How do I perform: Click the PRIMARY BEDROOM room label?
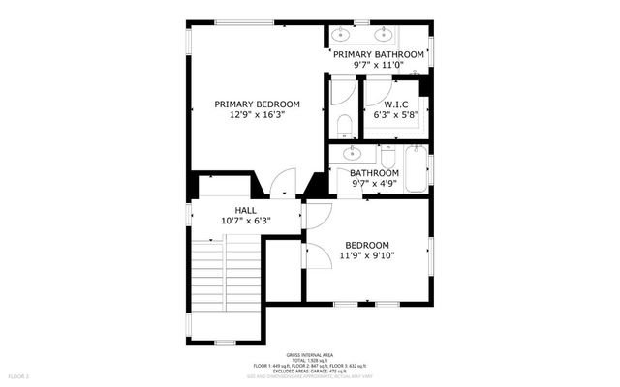pyautogui.click(x=257, y=104)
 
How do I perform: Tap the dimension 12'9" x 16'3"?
pyautogui.click(x=257, y=114)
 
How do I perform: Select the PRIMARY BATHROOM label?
pyautogui.click(x=378, y=54)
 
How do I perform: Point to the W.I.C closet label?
pyautogui.click(x=394, y=104)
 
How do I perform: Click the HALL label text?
pyautogui.click(x=245, y=210)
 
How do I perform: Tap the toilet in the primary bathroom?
pyautogui.click(x=344, y=125)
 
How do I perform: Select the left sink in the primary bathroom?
pyautogui.click(x=341, y=36)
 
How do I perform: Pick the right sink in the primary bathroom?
pyautogui.click(x=410, y=36)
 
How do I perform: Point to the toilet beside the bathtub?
pyautogui.click(x=387, y=158)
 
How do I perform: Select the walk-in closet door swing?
pyautogui.click(x=371, y=90)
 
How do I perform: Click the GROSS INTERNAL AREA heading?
pyautogui.click(x=309, y=355)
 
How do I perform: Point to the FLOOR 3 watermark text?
pyautogui.click(x=19, y=374)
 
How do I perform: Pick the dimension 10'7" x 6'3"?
pyautogui.click(x=245, y=221)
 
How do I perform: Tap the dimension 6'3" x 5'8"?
pyautogui.click(x=394, y=114)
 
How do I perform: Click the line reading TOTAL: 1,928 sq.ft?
pyautogui.click(x=309, y=360)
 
